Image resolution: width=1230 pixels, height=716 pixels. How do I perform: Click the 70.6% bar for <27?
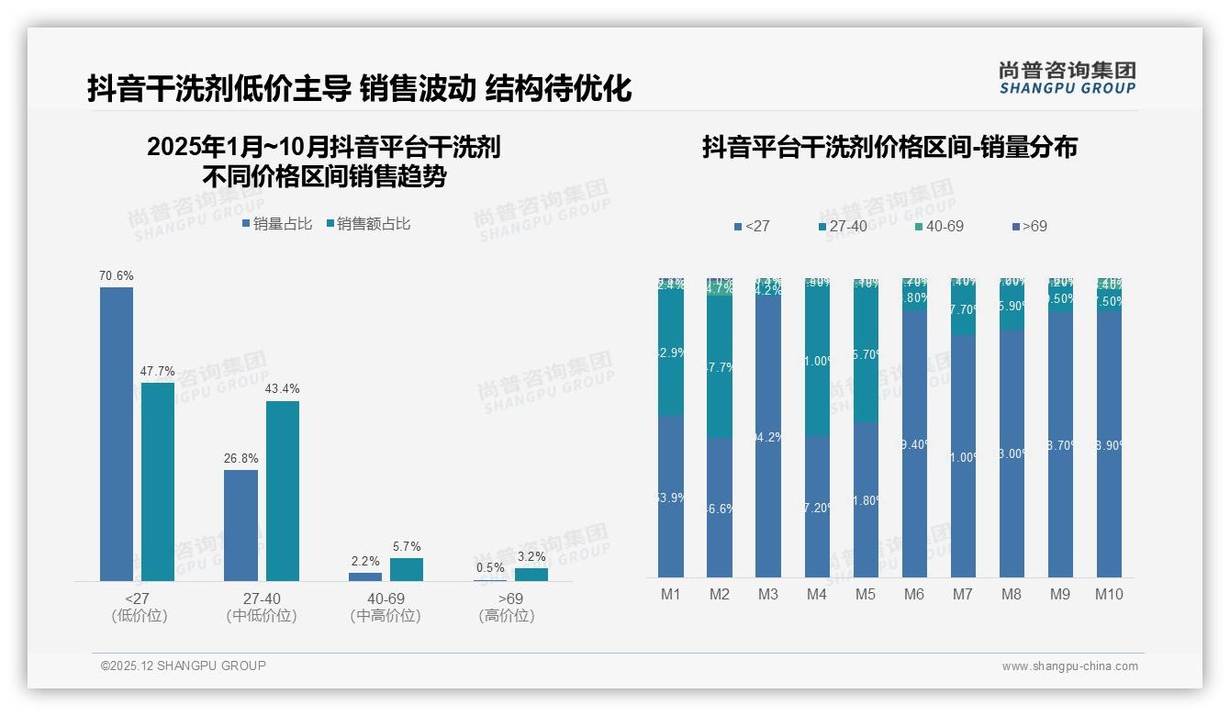click(x=117, y=433)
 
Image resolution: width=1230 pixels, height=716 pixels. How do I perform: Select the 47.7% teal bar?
click(x=158, y=481)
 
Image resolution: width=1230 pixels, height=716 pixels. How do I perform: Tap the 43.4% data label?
click(x=283, y=389)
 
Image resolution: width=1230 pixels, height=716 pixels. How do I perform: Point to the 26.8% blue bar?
click(x=240, y=525)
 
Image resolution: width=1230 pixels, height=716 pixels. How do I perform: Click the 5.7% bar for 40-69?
click(x=407, y=569)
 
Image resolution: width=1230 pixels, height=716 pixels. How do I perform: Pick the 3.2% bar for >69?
click(x=531, y=575)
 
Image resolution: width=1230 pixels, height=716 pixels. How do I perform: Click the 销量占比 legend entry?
click(x=277, y=224)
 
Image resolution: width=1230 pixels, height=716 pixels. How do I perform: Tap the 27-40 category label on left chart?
click(x=262, y=599)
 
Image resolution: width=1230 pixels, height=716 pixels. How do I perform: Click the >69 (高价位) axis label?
click(x=506, y=607)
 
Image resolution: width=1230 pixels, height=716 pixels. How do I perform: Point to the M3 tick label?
click(x=768, y=594)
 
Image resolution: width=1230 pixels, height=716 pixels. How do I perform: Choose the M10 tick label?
click(x=1109, y=594)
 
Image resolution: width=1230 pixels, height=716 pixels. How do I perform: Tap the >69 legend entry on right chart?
click(x=1029, y=226)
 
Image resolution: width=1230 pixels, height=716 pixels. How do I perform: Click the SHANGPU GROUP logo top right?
click(x=1068, y=78)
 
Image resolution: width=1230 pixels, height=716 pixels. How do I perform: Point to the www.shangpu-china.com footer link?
click(x=1069, y=666)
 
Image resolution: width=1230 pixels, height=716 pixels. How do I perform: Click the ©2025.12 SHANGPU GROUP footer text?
click(x=184, y=666)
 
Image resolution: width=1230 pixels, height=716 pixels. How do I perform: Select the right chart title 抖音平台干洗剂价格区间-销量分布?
click(x=889, y=147)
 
